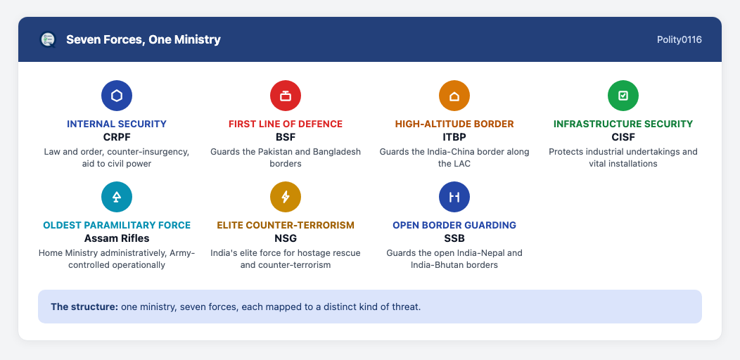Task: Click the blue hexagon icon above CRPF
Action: pos(117,96)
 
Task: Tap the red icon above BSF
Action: pos(286,96)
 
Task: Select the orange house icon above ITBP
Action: pos(454,96)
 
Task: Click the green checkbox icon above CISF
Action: pos(623,96)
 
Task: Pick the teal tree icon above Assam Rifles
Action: pos(117,197)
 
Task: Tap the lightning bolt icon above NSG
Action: pos(286,197)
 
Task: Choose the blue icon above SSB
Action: pos(454,197)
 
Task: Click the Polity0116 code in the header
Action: pos(679,39)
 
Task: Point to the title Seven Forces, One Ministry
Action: pos(143,39)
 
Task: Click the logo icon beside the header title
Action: pos(48,39)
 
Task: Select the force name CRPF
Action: pos(117,137)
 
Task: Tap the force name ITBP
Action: pos(454,137)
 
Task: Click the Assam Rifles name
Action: pos(117,238)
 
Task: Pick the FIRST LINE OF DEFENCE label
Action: pos(286,124)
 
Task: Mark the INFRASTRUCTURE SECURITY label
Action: pos(623,124)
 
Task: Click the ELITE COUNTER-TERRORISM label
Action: pos(286,225)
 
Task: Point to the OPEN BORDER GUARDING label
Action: pos(454,225)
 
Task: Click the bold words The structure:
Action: pos(84,307)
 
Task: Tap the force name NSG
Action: pos(286,238)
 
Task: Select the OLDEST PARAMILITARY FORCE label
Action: pos(117,225)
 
